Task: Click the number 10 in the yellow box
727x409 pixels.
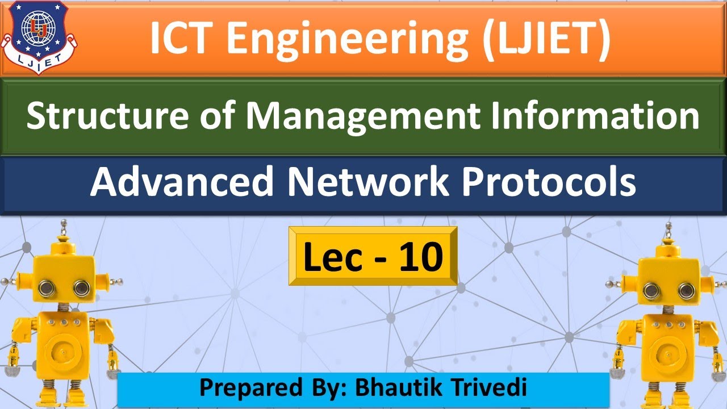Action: [420, 256]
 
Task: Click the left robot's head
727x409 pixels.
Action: [64, 278]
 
